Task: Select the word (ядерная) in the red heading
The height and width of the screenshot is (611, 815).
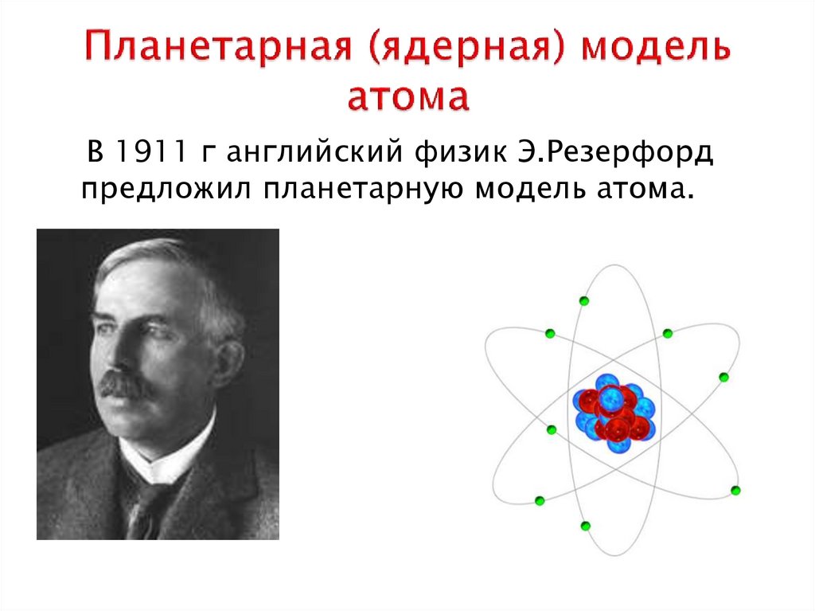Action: [x=466, y=48]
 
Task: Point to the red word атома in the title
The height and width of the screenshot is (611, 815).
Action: [x=408, y=96]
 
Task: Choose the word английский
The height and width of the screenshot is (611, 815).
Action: [x=314, y=153]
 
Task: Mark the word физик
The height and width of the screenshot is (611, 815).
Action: [x=461, y=153]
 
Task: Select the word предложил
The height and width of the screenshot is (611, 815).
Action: [x=166, y=190]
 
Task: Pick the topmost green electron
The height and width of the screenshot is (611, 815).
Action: [x=583, y=300]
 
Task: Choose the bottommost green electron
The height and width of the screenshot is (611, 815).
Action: [x=585, y=526]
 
